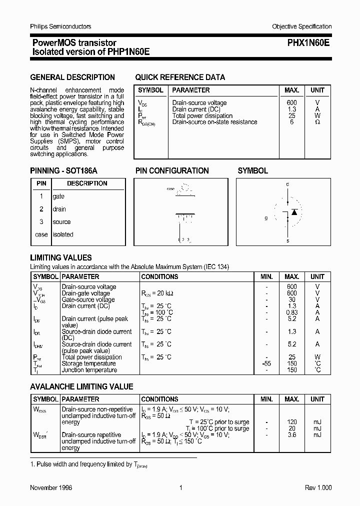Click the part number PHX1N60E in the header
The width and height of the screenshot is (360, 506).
[x=308, y=43]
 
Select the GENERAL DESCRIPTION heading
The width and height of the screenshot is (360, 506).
[x=72, y=77]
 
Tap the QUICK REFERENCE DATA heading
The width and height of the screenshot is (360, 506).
[x=180, y=77]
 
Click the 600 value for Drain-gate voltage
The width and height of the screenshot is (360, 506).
[x=292, y=293]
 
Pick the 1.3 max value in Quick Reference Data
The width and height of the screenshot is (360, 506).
[x=292, y=109]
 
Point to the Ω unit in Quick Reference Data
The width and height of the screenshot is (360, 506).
[x=317, y=122]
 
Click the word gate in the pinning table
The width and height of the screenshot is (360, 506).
[x=58, y=197]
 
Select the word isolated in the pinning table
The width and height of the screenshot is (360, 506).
[x=63, y=234]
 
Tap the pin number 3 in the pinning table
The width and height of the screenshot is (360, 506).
[x=41, y=222]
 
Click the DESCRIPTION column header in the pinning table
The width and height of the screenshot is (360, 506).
[x=87, y=183]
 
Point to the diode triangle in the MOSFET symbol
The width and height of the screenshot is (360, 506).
[x=294, y=212]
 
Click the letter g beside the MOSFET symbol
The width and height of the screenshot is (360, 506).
[x=266, y=218]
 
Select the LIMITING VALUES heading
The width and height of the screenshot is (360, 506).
[x=61, y=258]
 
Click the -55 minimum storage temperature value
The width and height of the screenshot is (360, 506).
[x=266, y=364]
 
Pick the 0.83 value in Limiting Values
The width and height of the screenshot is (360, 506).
[x=292, y=312]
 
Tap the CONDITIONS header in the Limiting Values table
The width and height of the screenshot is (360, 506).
[x=159, y=276]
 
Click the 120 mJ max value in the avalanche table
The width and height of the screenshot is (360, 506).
[x=292, y=422]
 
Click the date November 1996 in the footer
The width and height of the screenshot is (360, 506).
[x=51, y=488]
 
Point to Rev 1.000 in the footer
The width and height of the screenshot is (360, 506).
[x=318, y=488]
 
